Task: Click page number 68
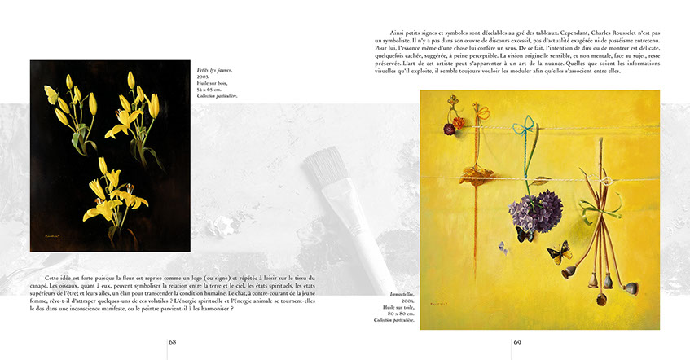pyautogui.click(x=173, y=342)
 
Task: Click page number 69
pyautogui.click(x=517, y=342)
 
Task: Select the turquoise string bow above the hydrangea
pyautogui.click(x=527, y=127)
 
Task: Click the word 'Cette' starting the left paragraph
pyautogui.click(x=55, y=278)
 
